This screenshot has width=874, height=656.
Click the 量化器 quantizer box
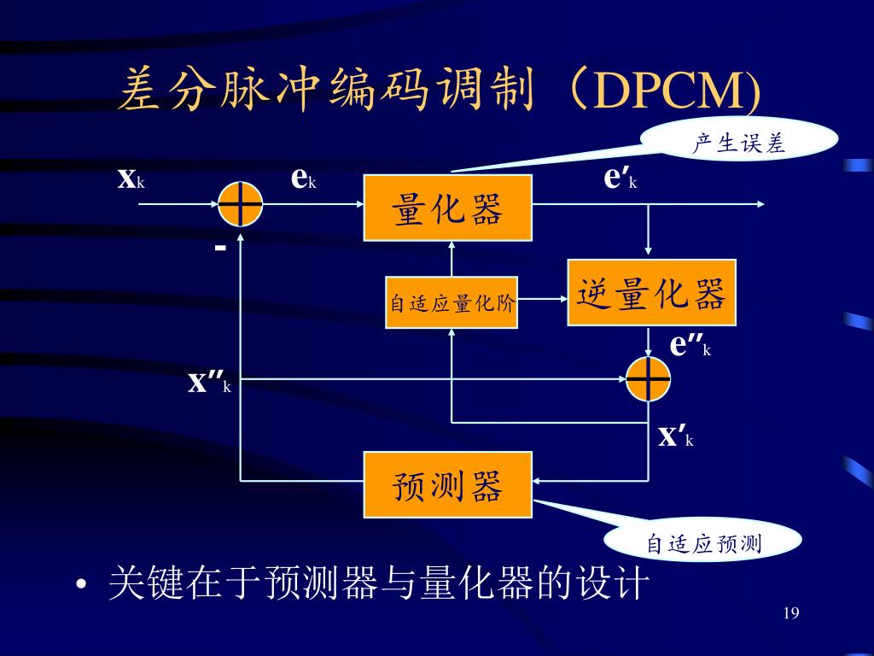(447, 208)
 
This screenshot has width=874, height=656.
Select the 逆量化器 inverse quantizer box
(651, 293)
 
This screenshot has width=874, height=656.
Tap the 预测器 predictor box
(447, 485)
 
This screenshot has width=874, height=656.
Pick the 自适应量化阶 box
(452, 303)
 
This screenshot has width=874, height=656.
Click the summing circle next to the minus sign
(240, 204)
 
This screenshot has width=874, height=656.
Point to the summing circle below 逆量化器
(648, 379)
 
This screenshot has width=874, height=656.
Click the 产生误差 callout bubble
(738, 141)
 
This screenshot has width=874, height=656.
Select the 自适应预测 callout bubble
(703, 541)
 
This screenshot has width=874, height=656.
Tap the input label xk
(131, 179)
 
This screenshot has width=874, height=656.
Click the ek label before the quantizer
(304, 179)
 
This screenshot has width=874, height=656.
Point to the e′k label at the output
(621, 178)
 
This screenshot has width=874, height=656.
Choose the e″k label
(690, 345)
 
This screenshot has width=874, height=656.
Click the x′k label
(676, 435)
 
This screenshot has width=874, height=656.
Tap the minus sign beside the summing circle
(220, 247)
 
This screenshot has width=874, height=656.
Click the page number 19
(791, 613)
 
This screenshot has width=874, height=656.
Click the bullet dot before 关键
(81, 585)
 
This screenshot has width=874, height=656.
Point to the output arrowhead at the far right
(760, 204)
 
